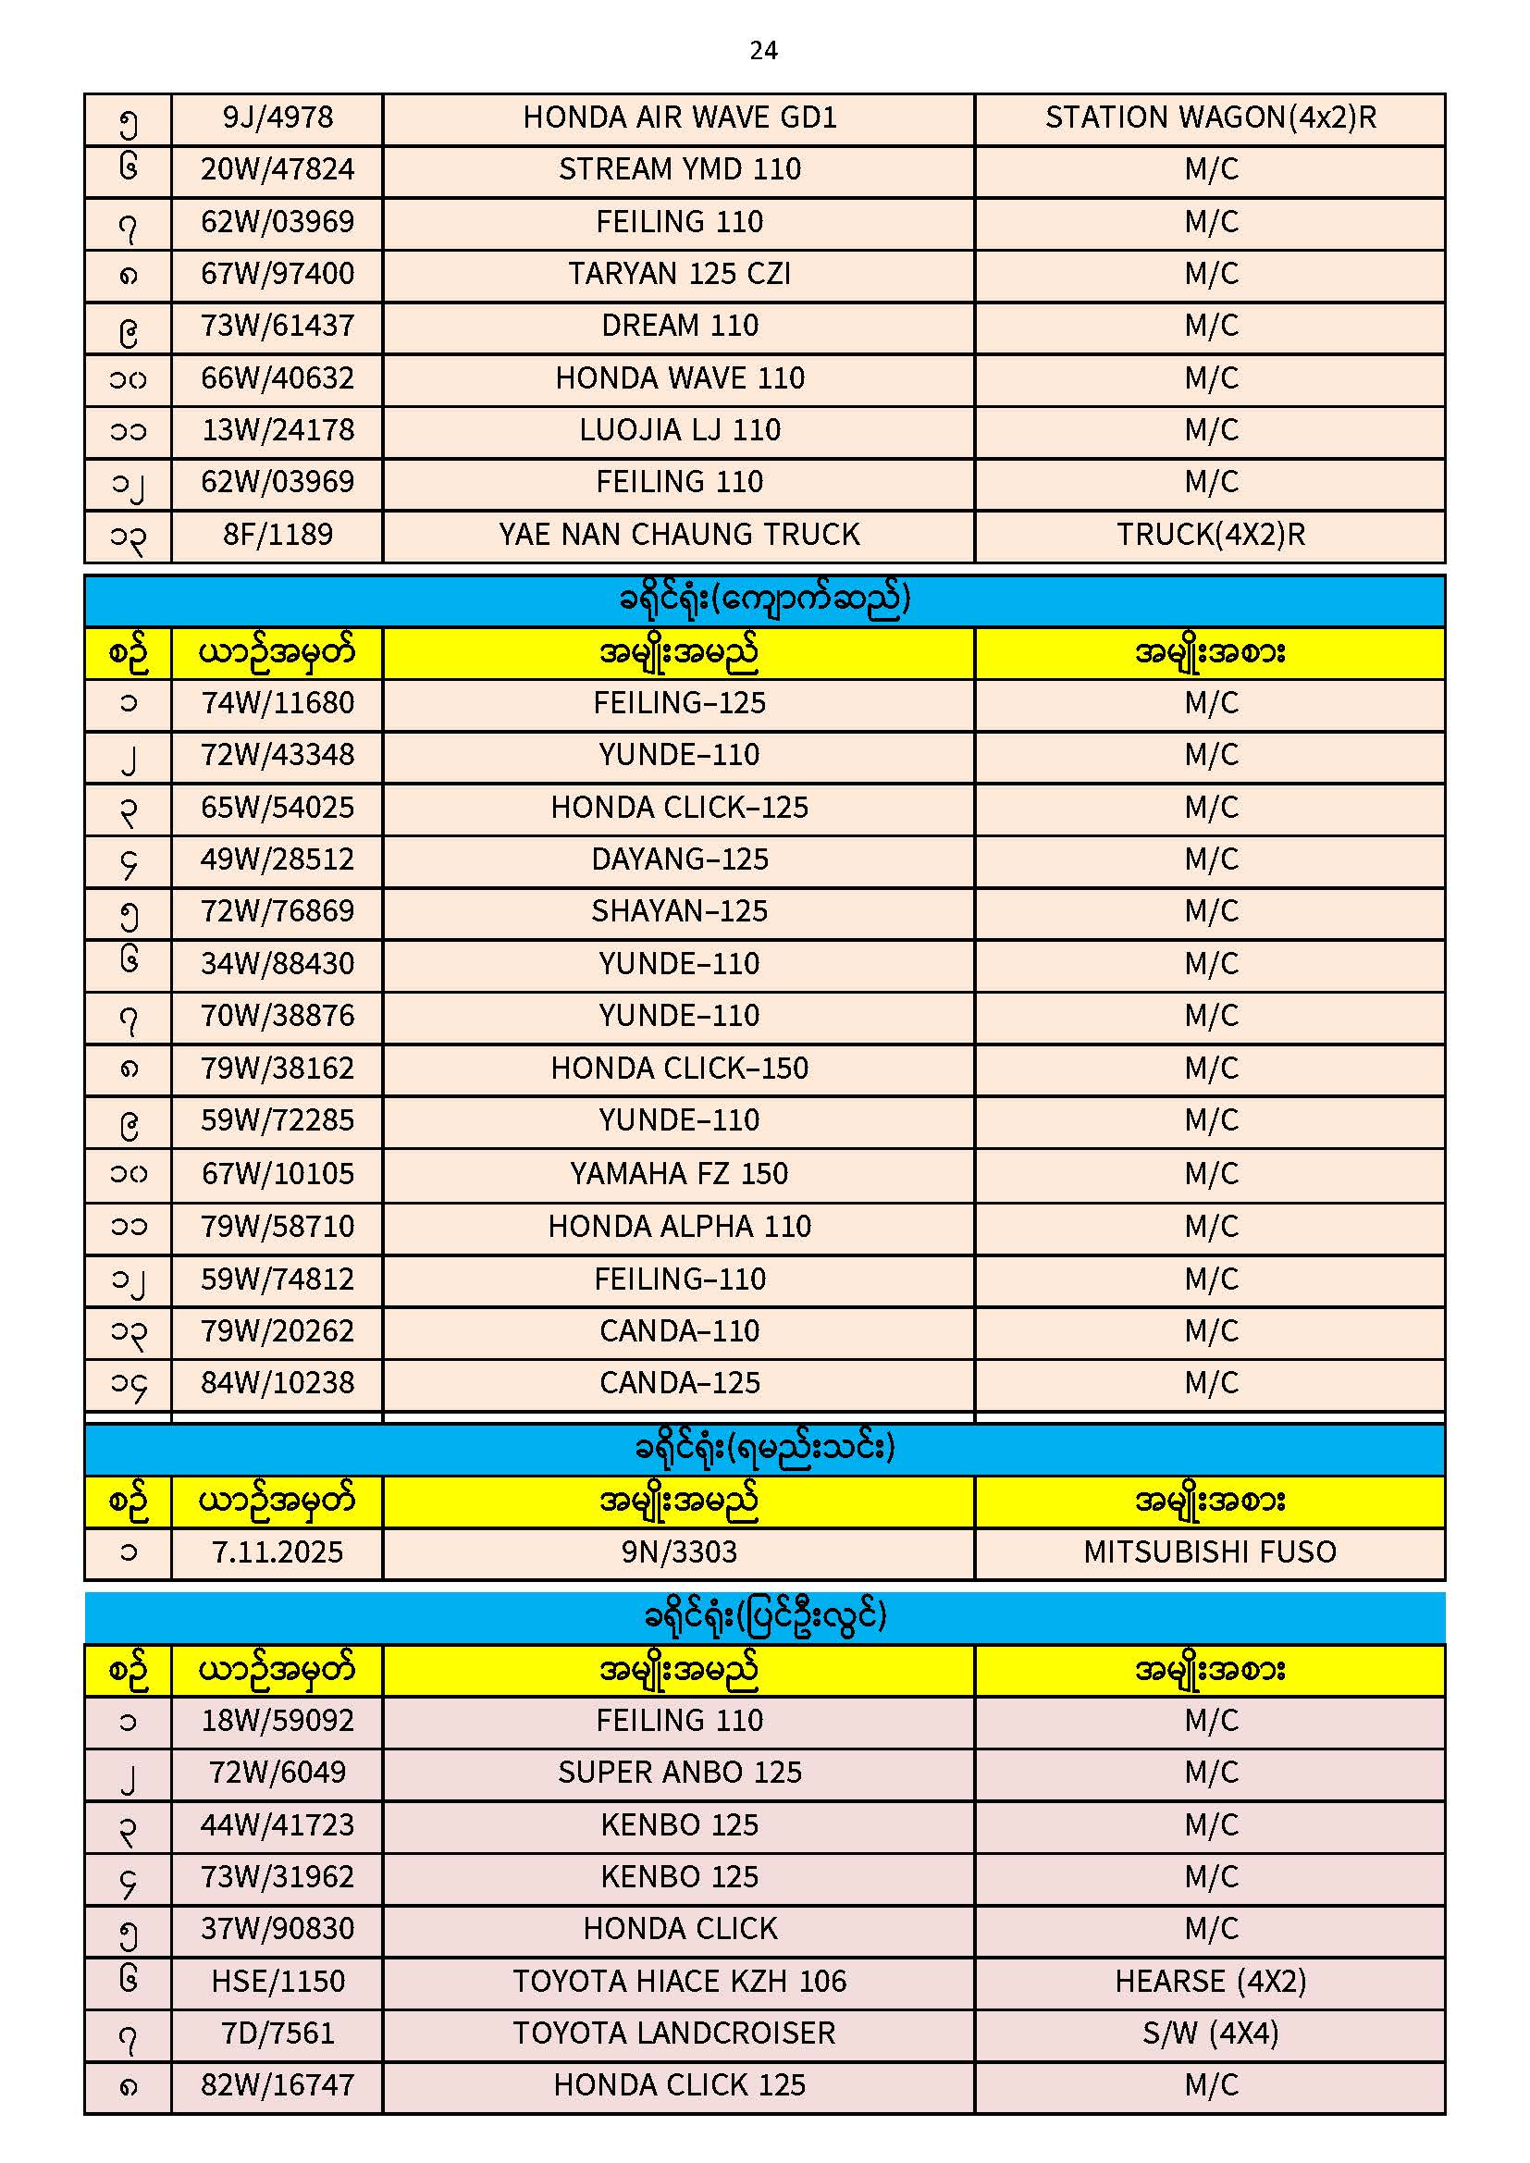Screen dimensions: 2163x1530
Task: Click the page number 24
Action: click(x=763, y=50)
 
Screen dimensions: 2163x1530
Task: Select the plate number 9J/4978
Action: click(x=278, y=117)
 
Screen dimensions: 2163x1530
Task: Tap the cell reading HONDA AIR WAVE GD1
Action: click(x=679, y=117)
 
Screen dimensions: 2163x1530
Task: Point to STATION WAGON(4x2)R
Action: click(x=1211, y=117)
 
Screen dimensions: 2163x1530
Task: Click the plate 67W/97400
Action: click(x=278, y=274)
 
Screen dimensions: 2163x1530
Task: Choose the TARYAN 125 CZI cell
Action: click(x=679, y=274)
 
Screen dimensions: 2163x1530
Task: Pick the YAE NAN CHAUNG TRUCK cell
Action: click(x=679, y=535)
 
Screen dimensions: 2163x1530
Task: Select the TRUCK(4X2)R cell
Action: click(x=1211, y=535)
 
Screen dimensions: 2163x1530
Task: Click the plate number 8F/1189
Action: click(x=278, y=535)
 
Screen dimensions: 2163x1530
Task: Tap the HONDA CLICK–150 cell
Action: click(x=679, y=1069)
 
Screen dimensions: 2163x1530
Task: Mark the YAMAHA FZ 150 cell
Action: click(x=679, y=1174)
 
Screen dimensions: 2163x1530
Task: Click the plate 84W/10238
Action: click(x=278, y=1383)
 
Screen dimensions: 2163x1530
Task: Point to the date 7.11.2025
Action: click(x=278, y=1552)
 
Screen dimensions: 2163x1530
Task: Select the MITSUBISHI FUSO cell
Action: click(x=1211, y=1552)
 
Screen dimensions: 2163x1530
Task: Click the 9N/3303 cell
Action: click(x=679, y=1552)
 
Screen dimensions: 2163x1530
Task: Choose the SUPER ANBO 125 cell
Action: click(x=679, y=1773)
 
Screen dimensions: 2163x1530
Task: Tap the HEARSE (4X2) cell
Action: click(x=1211, y=1982)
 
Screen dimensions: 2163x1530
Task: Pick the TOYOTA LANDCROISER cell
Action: click(x=674, y=2033)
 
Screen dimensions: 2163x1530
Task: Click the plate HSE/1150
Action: click(x=278, y=1982)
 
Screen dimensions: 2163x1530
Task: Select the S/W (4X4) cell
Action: click(x=1211, y=2033)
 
